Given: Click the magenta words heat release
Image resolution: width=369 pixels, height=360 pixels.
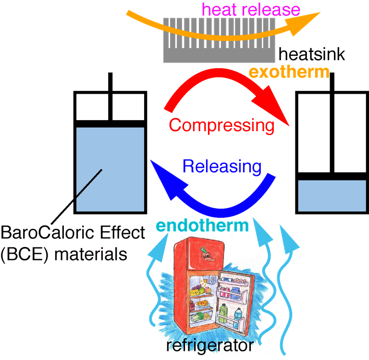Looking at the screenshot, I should (251, 9).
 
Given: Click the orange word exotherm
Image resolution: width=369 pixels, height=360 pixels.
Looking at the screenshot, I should (289, 73).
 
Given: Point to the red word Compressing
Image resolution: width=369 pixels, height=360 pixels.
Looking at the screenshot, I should (221, 125).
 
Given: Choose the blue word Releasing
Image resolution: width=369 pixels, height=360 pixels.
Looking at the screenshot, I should (222, 167).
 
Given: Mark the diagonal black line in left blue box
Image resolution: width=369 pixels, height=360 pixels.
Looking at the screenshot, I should (89, 183).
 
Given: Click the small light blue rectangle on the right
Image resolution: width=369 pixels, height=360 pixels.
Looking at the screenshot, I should (332, 196).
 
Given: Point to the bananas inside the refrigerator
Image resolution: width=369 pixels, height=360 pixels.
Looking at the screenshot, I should (196, 291).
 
